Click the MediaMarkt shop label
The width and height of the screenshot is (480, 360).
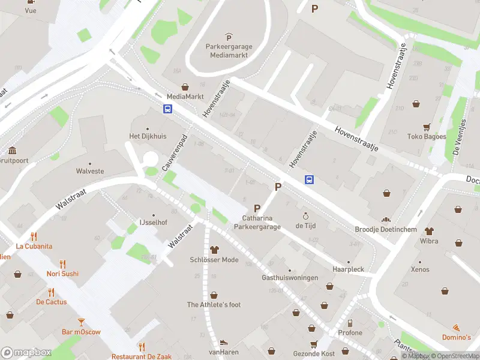tap(185, 97)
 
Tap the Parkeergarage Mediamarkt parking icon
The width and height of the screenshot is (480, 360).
tap(228, 38)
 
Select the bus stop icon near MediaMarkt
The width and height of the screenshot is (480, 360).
tap(168, 109)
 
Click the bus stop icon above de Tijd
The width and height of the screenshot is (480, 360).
tap(310, 179)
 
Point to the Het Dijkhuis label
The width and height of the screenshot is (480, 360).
tap(148, 136)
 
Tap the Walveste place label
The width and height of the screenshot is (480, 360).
tap(90, 171)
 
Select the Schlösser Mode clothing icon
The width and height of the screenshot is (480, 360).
tap(214, 250)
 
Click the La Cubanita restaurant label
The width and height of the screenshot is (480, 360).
tap(34, 246)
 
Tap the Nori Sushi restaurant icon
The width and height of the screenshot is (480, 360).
tap(63, 264)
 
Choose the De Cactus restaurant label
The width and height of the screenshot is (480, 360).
tap(52, 302)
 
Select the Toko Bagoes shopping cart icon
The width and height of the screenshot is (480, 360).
tap(427, 127)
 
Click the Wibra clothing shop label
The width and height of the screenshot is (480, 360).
tap(429, 241)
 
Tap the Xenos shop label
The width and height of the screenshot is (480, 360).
tap(420, 270)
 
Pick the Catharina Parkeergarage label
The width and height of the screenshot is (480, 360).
tap(262, 223)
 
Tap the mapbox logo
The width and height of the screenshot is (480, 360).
tap(26, 353)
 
